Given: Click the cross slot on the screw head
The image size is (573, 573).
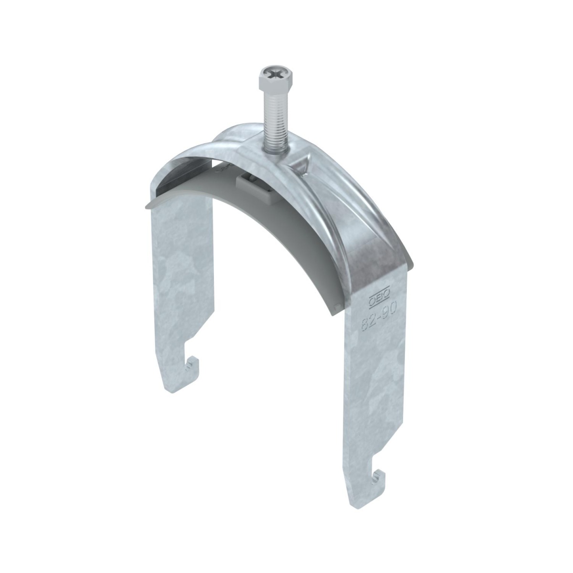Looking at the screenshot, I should pos(274,74).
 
